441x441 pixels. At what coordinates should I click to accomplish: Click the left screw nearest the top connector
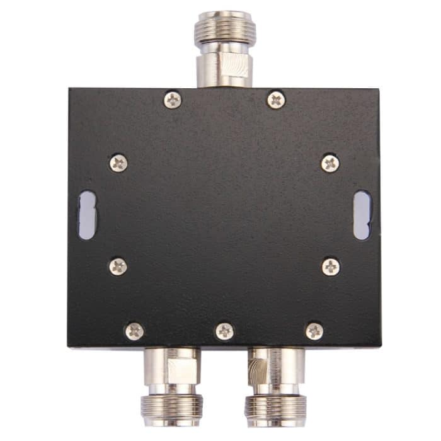(x=172, y=100)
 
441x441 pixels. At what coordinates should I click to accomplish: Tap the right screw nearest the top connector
(x=276, y=100)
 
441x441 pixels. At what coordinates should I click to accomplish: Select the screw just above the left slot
(x=118, y=163)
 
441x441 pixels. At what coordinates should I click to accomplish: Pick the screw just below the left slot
(x=118, y=266)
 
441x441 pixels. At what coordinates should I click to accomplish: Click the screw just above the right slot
(x=330, y=163)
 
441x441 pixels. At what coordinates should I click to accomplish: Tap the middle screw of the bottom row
(x=224, y=331)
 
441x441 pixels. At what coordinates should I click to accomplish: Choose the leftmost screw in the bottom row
(x=134, y=331)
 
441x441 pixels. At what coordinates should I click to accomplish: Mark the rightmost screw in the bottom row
(x=314, y=331)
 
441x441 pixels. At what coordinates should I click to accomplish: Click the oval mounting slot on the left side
(x=87, y=215)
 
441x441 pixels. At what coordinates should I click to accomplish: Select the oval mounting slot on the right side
(x=362, y=215)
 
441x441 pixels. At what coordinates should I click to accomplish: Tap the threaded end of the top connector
(x=224, y=28)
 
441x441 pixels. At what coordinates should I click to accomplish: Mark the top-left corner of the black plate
(x=70, y=89)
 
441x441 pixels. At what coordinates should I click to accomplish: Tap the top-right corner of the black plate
(x=379, y=89)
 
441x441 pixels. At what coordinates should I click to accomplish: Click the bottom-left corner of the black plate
(x=69, y=346)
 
